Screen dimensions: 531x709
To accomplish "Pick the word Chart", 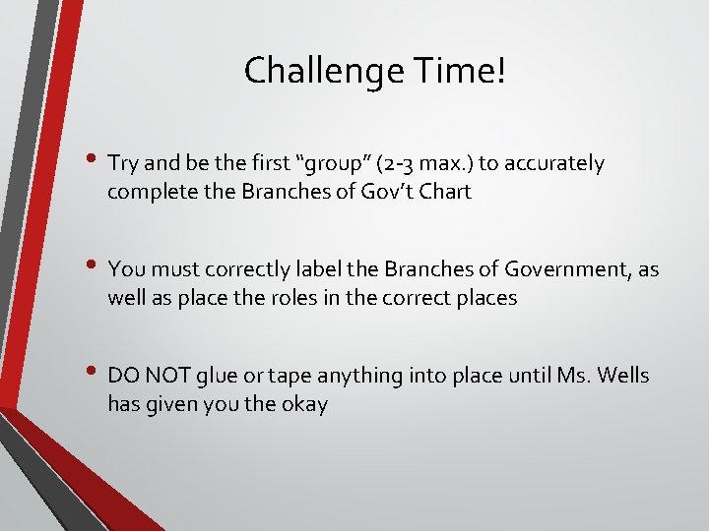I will tap(446, 192).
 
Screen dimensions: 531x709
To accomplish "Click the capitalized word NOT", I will tap(168, 376).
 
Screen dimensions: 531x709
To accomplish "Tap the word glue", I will tap(217, 376).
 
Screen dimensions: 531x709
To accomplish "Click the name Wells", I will tap(621, 376).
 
